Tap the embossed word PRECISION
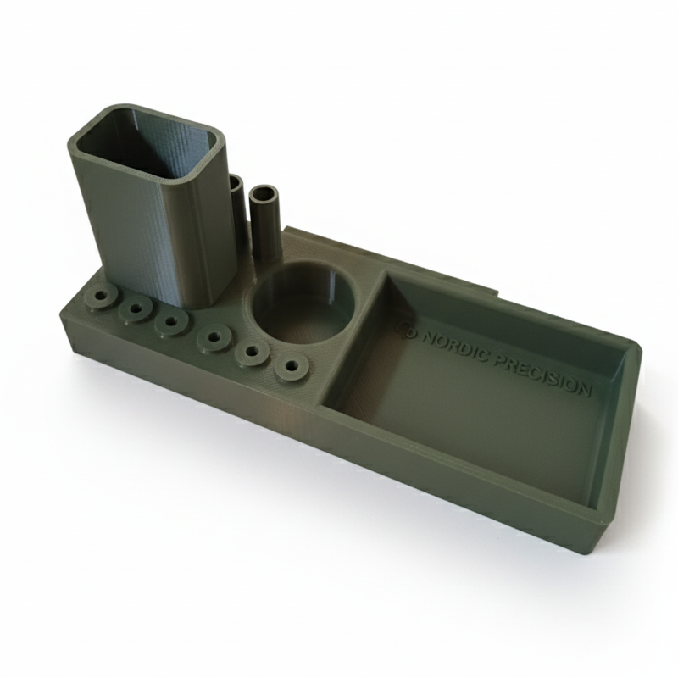click(x=542, y=375)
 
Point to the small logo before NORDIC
click(x=408, y=330)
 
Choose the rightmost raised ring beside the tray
click(x=292, y=368)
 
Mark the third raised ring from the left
click(x=171, y=322)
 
